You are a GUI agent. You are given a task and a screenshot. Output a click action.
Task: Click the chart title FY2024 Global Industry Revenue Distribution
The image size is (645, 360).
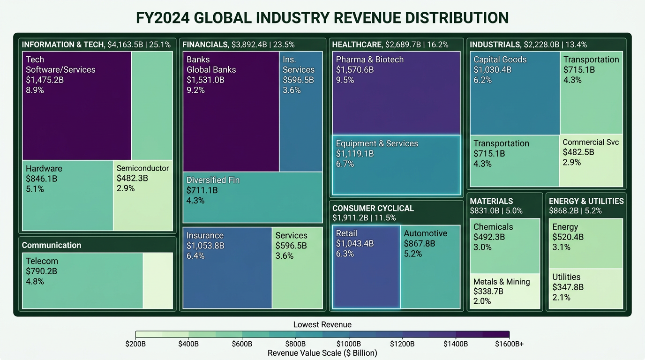tap(322, 18)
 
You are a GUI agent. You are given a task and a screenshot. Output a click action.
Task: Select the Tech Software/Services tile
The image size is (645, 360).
tap(77, 105)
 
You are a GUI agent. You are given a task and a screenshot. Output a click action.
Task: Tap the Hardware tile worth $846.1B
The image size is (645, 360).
tap(67, 195)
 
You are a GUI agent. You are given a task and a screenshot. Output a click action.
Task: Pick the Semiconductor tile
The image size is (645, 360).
tap(143, 195)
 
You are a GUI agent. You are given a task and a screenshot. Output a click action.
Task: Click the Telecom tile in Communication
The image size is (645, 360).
tap(82, 280)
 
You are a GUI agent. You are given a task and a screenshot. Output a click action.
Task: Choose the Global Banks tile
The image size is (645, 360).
tap(231, 111)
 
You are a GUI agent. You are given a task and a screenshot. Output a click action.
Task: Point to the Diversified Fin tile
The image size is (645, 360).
tap(252, 197)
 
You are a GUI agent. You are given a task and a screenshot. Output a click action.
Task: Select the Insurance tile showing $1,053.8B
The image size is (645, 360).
tap(227, 268)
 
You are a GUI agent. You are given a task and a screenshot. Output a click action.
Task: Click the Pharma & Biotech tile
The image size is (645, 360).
tap(396, 93)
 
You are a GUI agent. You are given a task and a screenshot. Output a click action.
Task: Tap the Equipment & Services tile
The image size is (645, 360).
tap(396, 165)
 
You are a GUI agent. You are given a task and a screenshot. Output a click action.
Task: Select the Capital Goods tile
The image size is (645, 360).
tap(515, 93)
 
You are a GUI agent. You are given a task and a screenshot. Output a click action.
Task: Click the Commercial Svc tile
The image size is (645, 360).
tap(591, 161)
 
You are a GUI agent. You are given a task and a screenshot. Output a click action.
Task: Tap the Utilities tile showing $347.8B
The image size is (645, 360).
tap(585, 288)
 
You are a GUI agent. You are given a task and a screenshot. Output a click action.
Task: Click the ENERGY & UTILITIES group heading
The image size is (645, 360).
tap(586, 201)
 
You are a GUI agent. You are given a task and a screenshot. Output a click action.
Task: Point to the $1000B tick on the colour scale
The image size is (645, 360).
tap(349, 334)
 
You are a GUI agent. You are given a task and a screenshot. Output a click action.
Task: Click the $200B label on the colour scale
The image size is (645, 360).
tap(135, 344)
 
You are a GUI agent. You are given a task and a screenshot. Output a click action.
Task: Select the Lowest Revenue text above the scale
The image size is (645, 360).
tap(322, 324)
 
